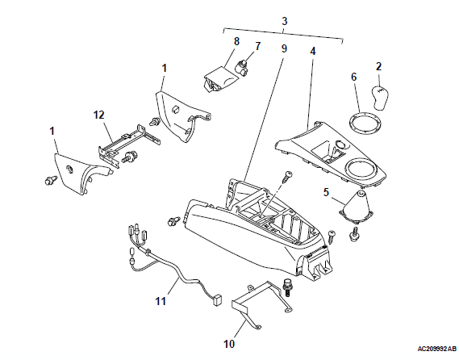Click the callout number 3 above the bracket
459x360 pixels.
pyautogui.click(x=285, y=21)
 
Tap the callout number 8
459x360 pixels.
pyautogui.click(x=236, y=42)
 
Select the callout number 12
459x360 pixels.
pyautogui.click(x=98, y=115)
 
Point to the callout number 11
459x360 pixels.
pyautogui.click(x=161, y=301)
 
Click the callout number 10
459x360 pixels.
pyautogui.click(x=229, y=344)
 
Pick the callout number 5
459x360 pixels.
pyautogui.click(x=326, y=192)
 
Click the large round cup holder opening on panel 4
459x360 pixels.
pyautogui.click(x=360, y=169)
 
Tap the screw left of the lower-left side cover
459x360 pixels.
pyautogui.click(x=50, y=180)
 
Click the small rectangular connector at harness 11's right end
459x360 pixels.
pyautogui.click(x=217, y=300)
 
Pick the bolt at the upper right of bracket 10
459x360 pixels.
pyautogui.click(x=286, y=287)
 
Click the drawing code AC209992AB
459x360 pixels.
pyautogui.click(x=436, y=349)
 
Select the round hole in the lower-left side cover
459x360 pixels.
pyautogui.click(x=70, y=169)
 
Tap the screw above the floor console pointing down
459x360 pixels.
pyautogui.click(x=287, y=177)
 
